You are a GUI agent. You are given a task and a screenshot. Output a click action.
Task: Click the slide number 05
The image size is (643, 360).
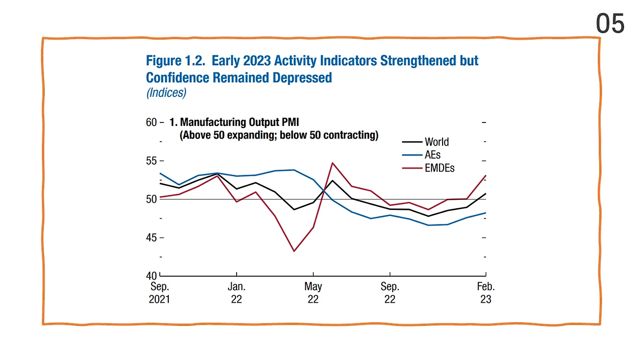pos(610,24)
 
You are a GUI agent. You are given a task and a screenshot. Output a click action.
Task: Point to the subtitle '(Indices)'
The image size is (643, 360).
pos(166,93)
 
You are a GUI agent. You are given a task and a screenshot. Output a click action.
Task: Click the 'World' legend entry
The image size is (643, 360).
pos(437,142)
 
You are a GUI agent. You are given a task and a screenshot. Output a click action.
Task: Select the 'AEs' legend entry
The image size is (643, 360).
pos(433,155)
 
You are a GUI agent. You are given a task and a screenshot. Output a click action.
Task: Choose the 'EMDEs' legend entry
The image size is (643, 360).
pos(440,168)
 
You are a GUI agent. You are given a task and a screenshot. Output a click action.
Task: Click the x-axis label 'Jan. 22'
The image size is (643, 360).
pos(236,293)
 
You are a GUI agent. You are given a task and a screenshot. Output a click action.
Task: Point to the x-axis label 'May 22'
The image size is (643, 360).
pos(313,293)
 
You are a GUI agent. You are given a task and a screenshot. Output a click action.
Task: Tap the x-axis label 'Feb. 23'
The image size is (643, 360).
pos(486,293)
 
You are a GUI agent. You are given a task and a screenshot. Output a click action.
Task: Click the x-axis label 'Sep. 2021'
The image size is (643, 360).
pos(160,293)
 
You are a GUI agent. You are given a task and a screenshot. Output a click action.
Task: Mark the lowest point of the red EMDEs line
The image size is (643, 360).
pos(294,251)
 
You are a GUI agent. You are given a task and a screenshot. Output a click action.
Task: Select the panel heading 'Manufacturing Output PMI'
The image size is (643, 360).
pos(239,123)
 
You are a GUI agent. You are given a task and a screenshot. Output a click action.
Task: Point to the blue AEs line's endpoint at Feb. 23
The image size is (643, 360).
pos(485,213)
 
